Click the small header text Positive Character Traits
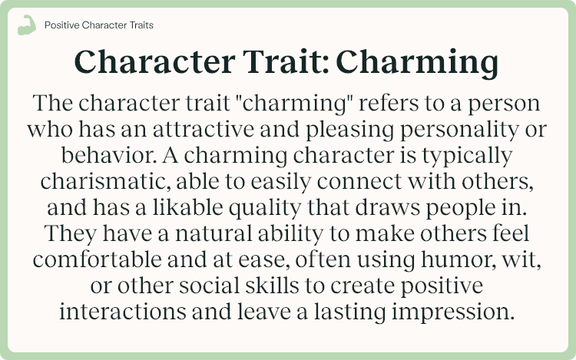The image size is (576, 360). coord(98,25)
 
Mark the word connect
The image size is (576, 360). coord(382,183)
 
